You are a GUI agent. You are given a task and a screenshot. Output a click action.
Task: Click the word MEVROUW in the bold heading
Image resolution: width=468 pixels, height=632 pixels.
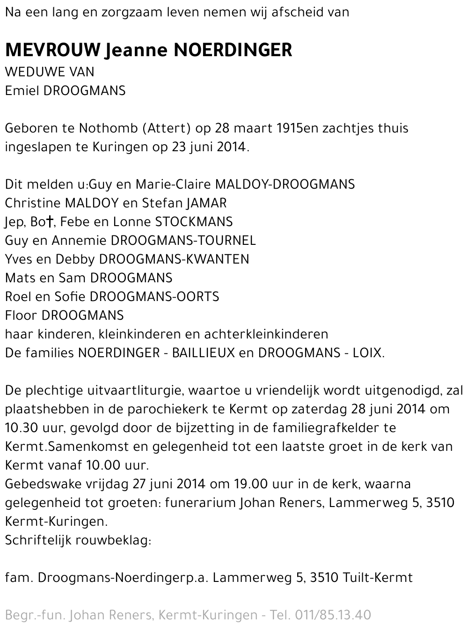(53, 50)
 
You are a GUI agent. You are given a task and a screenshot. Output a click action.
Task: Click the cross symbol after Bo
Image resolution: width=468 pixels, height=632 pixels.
(49, 222)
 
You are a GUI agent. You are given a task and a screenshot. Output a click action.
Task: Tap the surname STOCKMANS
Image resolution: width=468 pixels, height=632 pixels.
(194, 222)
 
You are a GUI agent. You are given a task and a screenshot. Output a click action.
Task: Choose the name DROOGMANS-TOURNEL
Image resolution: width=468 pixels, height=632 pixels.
(183, 241)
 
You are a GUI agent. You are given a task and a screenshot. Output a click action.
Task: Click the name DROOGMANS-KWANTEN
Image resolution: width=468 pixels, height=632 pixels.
(175, 259)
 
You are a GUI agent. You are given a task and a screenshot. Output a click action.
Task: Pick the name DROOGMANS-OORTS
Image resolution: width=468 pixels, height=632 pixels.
(154, 297)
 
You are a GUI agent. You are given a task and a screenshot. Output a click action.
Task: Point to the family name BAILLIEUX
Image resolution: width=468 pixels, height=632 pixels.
(204, 353)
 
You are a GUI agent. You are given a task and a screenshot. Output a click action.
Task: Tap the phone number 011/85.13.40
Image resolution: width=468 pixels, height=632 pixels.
(333, 615)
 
